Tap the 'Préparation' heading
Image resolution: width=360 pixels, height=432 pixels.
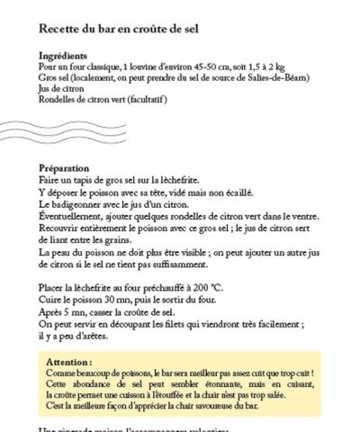click(65, 168)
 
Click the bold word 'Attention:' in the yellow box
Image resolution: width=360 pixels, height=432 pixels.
click(71, 361)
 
